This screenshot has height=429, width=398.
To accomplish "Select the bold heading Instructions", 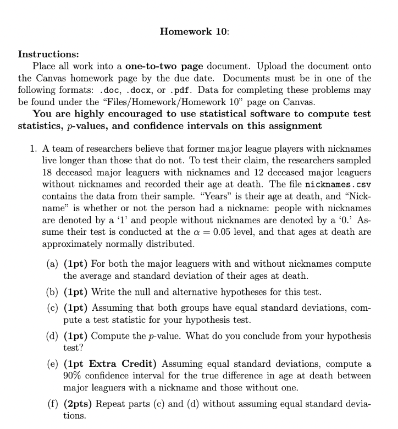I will tap(48, 54).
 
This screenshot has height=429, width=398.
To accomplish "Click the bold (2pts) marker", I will tap(78, 405).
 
